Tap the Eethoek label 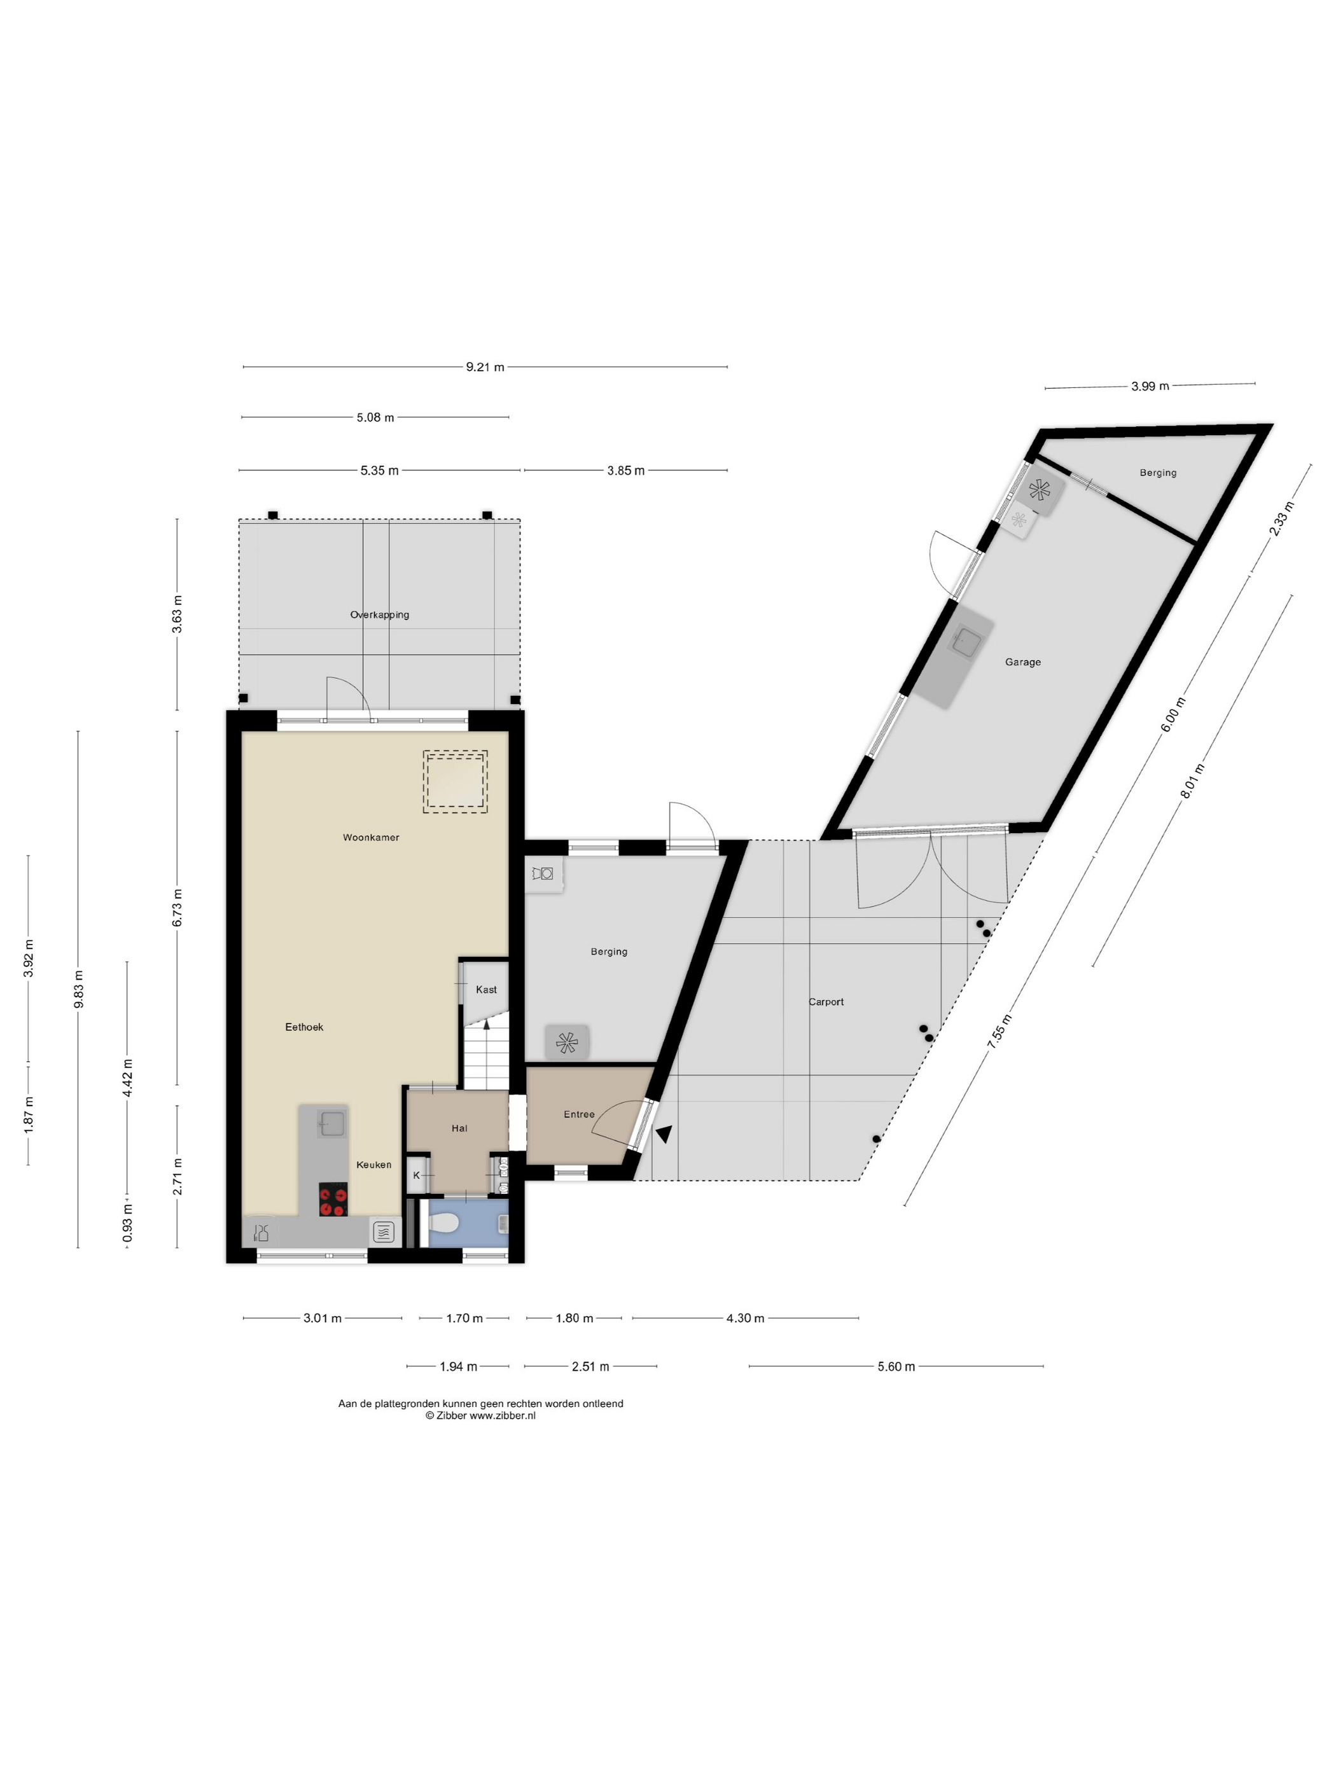coord(304,1027)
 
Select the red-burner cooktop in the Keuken coord(333,1199)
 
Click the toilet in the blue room coord(443,1224)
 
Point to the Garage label coord(1023,662)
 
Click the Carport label coord(826,1002)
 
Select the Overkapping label coord(379,614)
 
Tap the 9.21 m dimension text coord(485,367)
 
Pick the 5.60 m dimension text coord(896,1366)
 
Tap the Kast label coord(487,990)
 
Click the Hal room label coord(459,1128)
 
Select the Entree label coord(579,1114)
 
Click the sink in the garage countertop coord(966,642)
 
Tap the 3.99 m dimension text coord(1150,387)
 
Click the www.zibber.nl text coord(503,1415)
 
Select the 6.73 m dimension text coord(177,908)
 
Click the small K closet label coord(416,1175)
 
